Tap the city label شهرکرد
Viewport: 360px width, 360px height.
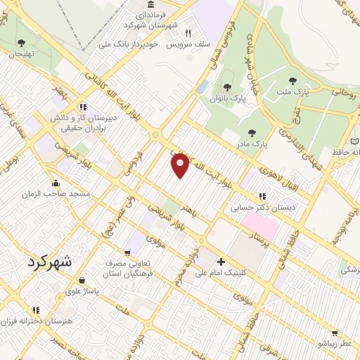[x=48, y=261]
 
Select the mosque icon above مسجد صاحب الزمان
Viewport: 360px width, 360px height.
[x=55, y=184]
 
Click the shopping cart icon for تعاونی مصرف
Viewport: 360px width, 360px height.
[x=127, y=254]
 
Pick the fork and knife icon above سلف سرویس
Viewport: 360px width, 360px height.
[x=188, y=32]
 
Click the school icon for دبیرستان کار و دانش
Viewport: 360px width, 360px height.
[x=83, y=107]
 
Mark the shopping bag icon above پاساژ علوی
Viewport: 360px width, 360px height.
[x=82, y=279]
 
